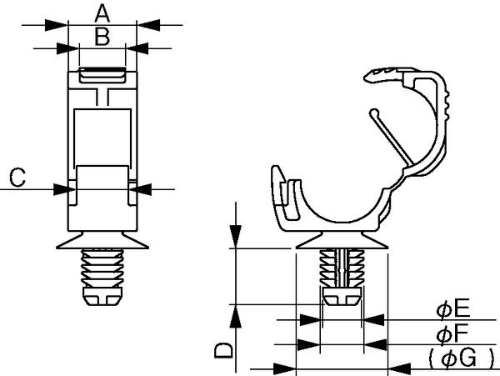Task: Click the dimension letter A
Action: click(102, 13)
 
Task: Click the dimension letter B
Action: click(102, 37)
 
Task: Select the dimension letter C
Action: click(17, 178)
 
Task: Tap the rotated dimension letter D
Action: click(224, 350)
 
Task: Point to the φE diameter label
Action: click(452, 309)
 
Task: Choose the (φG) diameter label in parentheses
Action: click(462, 358)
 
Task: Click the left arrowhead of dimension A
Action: click(57, 25)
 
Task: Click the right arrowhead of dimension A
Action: click(148, 25)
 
